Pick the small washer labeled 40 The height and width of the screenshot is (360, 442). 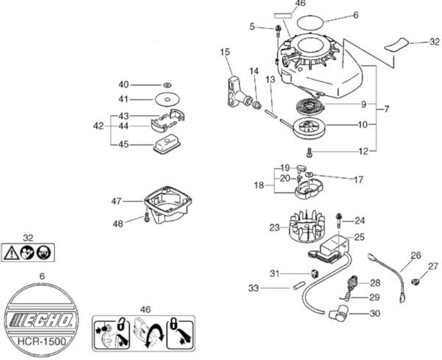[167, 85]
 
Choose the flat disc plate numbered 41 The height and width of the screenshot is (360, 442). [167, 99]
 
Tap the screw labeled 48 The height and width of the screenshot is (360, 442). [147, 218]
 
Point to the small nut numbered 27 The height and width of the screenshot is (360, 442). [415, 282]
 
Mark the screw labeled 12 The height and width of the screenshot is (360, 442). [309, 153]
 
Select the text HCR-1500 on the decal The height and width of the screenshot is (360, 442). [42, 341]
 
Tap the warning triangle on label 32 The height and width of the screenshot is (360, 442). [12, 252]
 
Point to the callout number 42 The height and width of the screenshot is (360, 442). [98, 126]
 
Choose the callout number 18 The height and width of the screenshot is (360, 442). [259, 185]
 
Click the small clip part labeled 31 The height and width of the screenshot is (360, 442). [315, 274]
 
